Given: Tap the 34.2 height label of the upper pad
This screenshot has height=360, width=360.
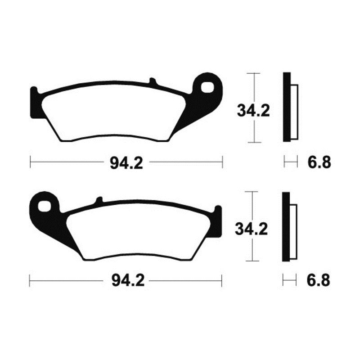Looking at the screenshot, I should (253, 110).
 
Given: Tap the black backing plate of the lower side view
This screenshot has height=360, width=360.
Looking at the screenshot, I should (285, 227).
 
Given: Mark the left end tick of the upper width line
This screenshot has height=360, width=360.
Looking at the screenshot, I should (30, 161).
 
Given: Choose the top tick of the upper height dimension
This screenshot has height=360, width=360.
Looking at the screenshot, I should (254, 73).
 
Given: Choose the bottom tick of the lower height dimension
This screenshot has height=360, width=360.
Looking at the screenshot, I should (253, 261).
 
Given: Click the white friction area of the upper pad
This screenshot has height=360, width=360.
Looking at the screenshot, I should (108, 112).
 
